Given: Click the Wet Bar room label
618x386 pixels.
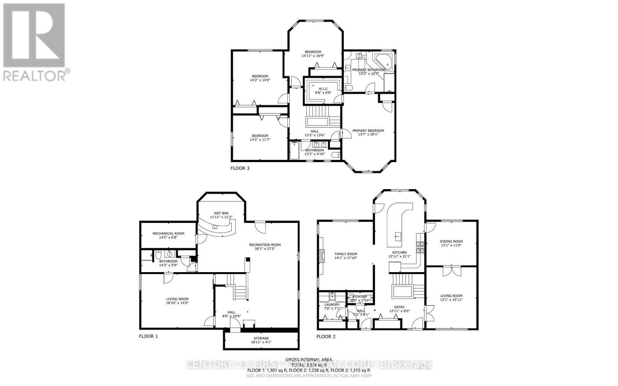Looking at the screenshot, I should [x=221, y=213].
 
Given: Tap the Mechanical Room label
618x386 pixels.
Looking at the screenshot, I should [x=168, y=233].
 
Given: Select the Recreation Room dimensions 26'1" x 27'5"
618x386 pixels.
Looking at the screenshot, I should [x=265, y=249].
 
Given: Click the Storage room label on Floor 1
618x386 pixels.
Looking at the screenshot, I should [x=261, y=338].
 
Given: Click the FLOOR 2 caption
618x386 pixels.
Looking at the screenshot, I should [x=326, y=337].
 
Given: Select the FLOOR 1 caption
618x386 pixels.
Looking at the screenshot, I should [x=148, y=336].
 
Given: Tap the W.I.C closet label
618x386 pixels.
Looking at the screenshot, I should [x=323, y=89].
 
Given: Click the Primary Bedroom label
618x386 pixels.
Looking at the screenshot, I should [x=368, y=130].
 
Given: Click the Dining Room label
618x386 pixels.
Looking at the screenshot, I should [x=451, y=241].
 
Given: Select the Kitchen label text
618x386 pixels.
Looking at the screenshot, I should [x=399, y=252].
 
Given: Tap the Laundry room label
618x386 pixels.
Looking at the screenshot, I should [x=332, y=305].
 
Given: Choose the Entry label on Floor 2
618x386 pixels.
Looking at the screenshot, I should [x=399, y=307].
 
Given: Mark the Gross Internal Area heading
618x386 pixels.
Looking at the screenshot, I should [x=309, y=360].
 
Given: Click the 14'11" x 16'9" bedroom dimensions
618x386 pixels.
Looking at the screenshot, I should [x=313, y=56].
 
